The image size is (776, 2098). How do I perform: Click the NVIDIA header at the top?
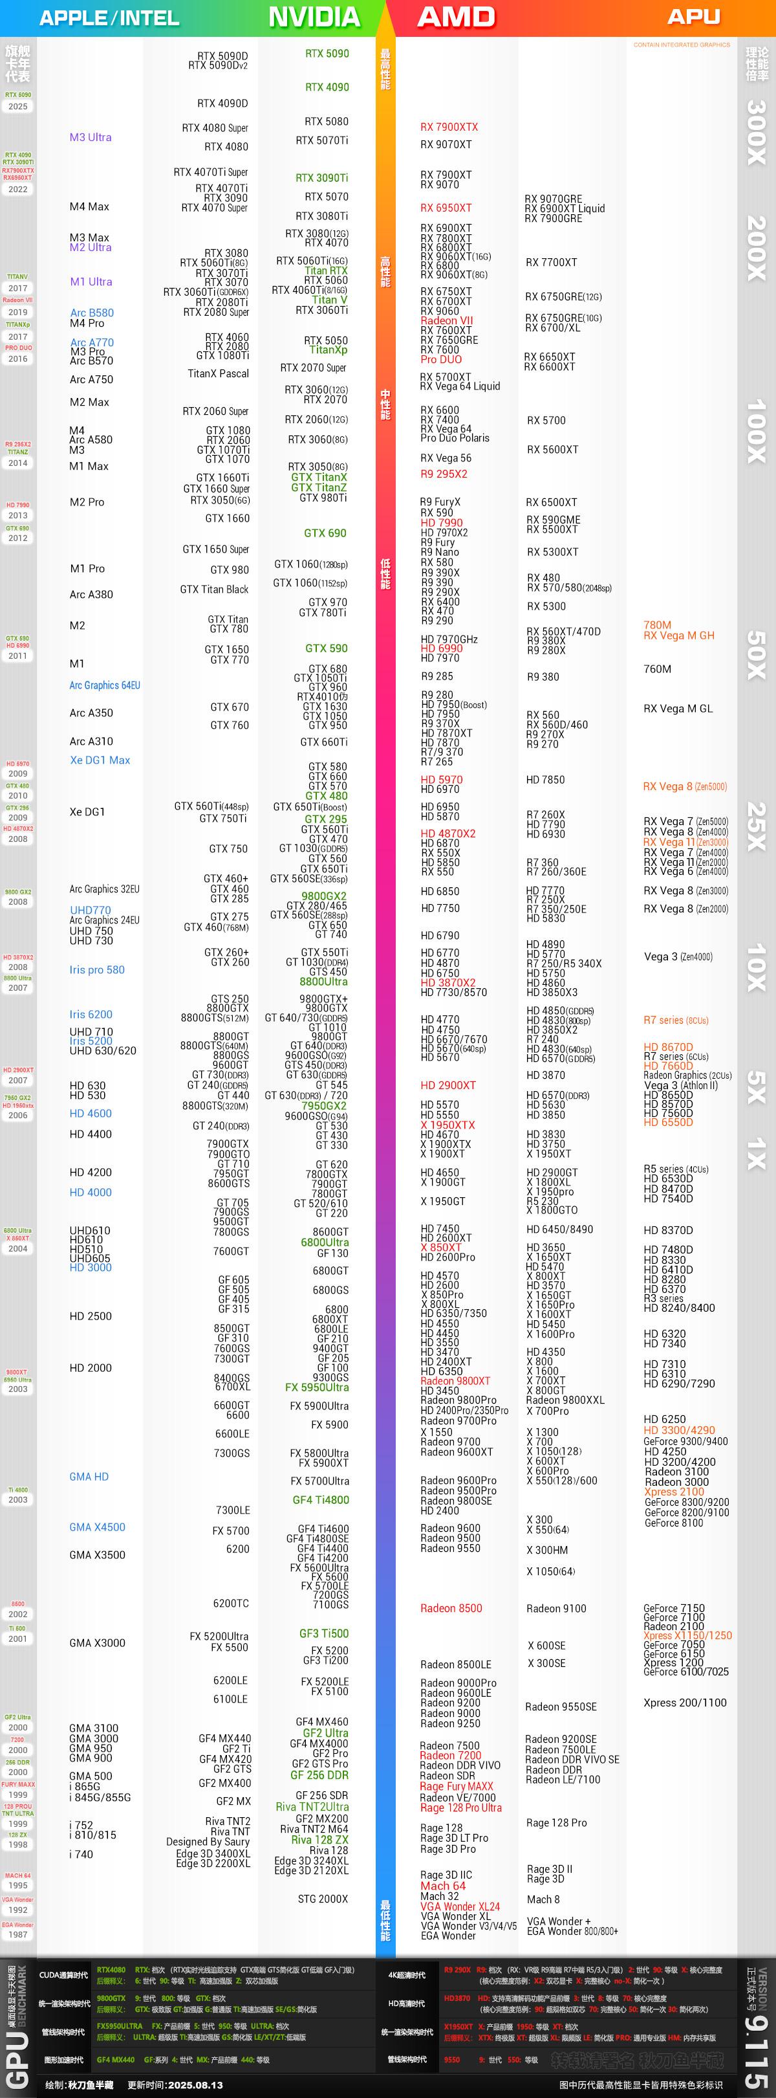tap(314, 17)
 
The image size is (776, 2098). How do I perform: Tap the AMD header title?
tap(456, 17)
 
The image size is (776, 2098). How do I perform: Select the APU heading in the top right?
tap(693, 16)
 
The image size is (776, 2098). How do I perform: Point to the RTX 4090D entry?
tap(222, 104)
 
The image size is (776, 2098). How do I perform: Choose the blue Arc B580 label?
tap(92, 313)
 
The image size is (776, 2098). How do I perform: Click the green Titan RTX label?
tap(326, 271)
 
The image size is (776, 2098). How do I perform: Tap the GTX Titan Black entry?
tap(214, 590)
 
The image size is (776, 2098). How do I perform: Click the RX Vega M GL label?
tap(678, 709)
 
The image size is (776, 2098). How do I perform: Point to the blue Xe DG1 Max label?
tap(100, 760)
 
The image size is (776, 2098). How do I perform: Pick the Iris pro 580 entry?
tap(97, 970)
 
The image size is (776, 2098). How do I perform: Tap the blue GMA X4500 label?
tap(97, 1527)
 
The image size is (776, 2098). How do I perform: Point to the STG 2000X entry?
tap(323, 1899)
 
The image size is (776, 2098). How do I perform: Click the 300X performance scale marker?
tap(756, 132)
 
